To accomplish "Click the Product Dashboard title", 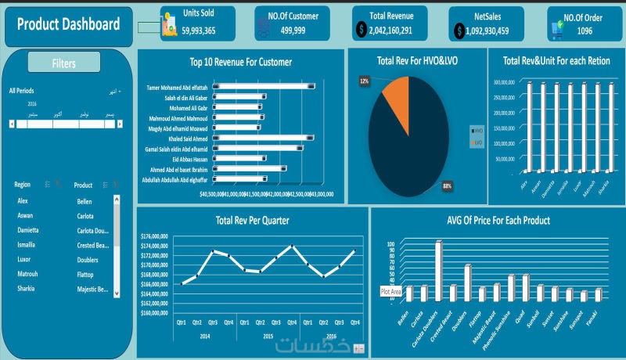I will point(68,24).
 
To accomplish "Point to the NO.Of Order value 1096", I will point(585,31).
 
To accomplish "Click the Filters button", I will point(64,63).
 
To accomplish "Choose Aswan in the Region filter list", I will point(26,215).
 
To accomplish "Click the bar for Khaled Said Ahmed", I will point(263,138).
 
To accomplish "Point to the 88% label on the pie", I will point(448,185).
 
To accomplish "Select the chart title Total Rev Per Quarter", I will point(252,221).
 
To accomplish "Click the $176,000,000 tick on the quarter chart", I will point(154,236).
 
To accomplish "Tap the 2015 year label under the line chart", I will point(268,335).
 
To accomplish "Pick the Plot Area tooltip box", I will point(390,291).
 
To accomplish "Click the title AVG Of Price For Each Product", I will point(498,220).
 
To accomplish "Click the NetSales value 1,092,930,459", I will point(480,31).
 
